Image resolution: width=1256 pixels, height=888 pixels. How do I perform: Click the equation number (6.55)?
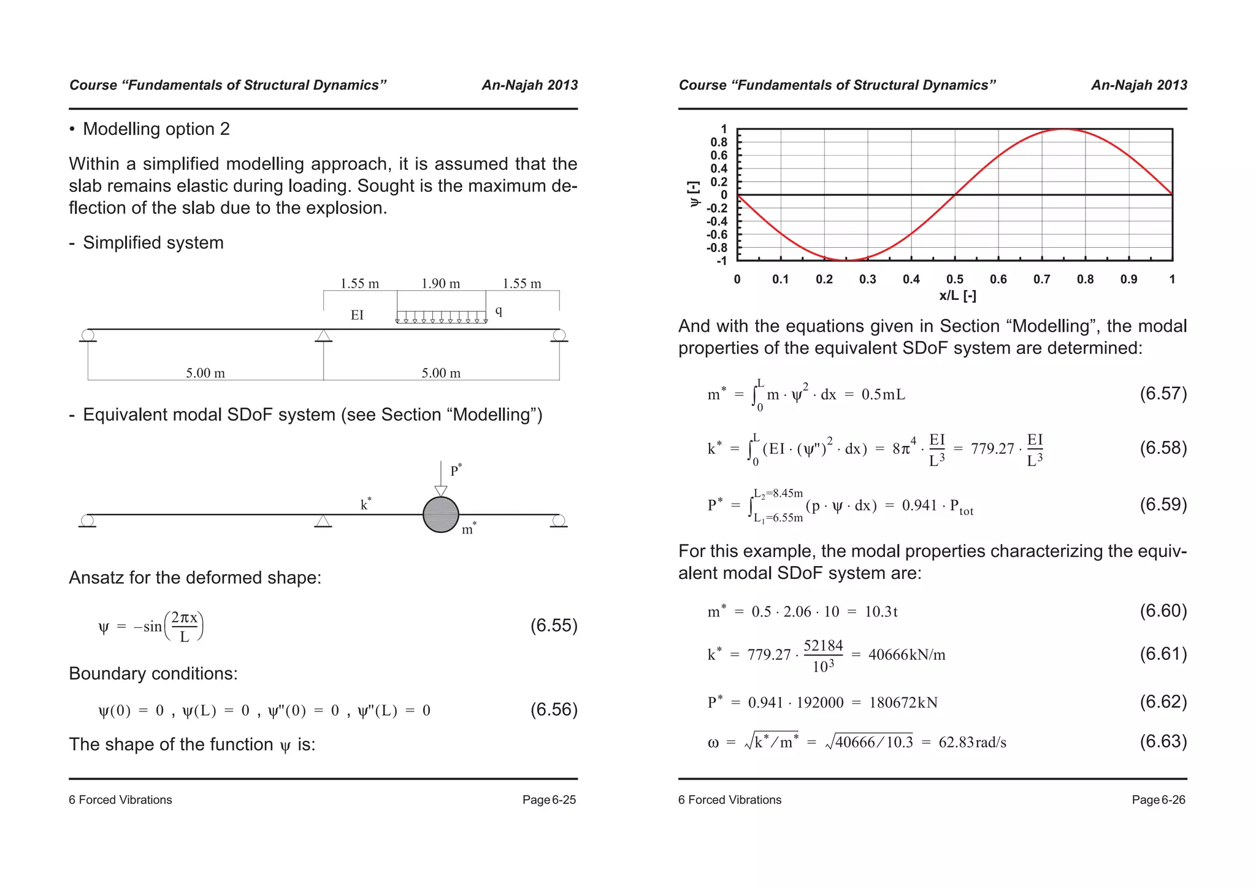[x=554, y=626]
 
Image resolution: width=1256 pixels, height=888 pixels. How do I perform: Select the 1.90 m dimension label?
[x=440, y=283]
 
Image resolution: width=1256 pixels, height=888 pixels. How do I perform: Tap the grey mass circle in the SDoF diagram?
[x=441, y=515]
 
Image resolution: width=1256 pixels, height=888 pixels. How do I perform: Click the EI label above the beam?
[x=357, y=315]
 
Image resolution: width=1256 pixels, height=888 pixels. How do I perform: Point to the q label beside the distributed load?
[x=499, y=311]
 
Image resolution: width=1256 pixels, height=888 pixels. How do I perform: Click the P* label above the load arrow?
[x=456, y=470]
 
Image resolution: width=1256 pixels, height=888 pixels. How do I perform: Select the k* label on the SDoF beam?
[x=366, y=504]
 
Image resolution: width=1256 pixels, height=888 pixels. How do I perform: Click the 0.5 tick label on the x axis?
[x=954, y=279]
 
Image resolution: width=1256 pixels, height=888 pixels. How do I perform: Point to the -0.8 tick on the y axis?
[x=717, y=248]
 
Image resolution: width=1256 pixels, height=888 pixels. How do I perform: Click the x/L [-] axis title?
[x=957, y=296]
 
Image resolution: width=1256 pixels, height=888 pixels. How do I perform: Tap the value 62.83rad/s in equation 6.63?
[x=973, y=743]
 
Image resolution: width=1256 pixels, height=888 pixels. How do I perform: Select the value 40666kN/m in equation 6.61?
[x=906, y=655]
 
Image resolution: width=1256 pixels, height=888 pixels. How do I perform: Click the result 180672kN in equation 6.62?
[x=903, y=703]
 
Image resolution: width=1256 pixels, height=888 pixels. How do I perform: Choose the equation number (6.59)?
[x=1163, y=505]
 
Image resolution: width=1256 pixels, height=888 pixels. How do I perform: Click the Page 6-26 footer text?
[x=1158, y=800]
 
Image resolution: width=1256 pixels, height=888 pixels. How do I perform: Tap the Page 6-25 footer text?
[x=549, y=800]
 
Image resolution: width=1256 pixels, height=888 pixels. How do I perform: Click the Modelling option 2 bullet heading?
[x=156, y=129]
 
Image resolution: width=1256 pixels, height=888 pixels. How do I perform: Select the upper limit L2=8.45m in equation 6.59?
[x=778, y=493]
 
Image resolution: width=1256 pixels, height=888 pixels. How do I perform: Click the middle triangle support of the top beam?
[x=323, y=336]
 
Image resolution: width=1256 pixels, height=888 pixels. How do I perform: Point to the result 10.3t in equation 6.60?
[x=881, y=612]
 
